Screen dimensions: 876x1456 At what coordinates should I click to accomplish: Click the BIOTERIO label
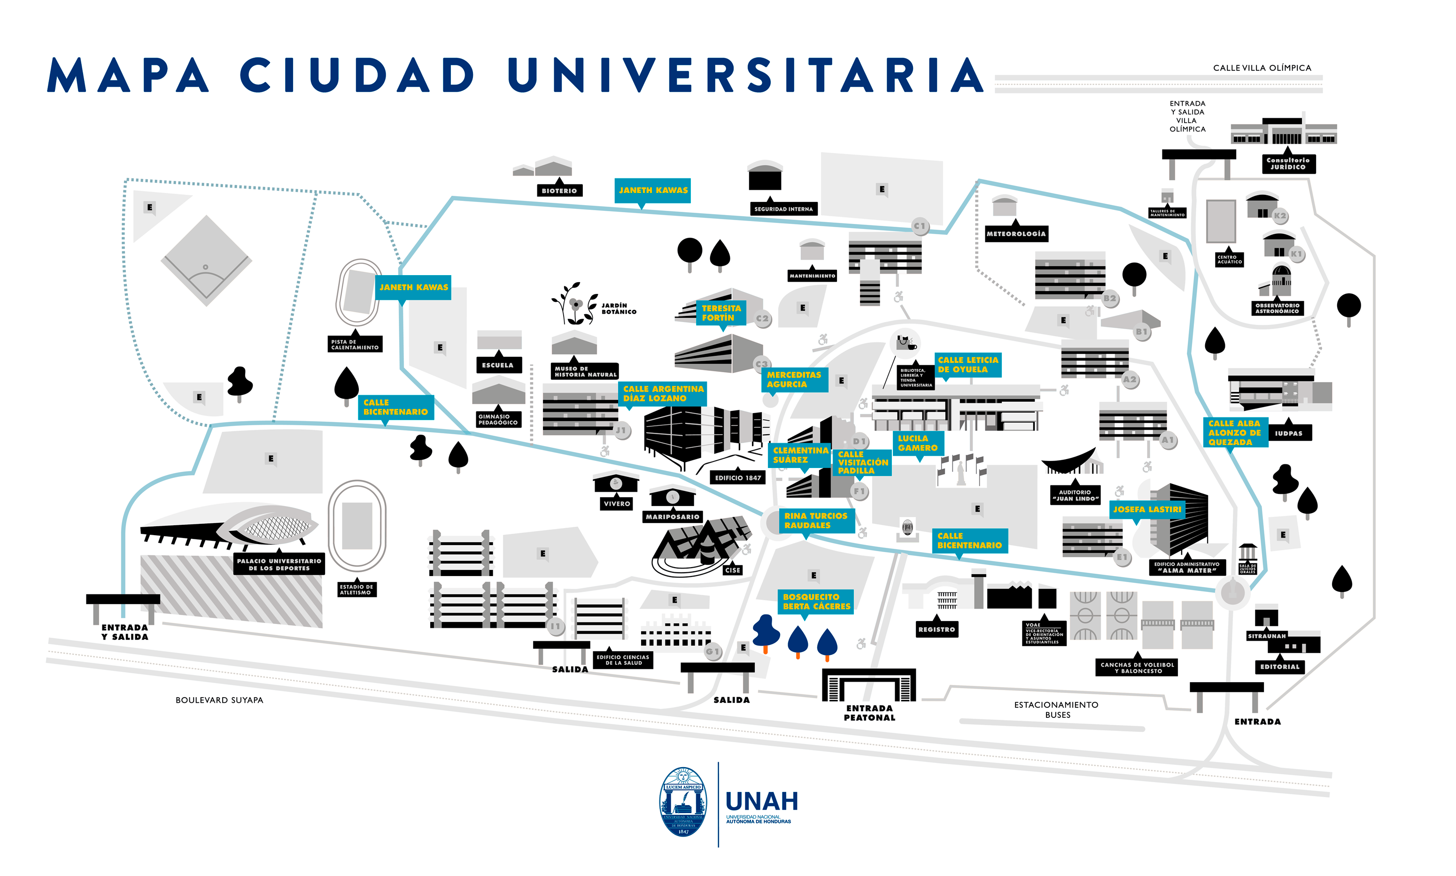pyautogui.click(x=558, y=191)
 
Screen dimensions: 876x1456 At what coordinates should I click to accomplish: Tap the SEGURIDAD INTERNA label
pyautogui.click(x=783, y=209)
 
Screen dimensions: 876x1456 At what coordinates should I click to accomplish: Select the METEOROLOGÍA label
pyautogui.click(x=1015, y=234)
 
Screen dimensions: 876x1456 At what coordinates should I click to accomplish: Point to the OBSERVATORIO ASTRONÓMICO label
pyautogui.click(x=1277, y=308)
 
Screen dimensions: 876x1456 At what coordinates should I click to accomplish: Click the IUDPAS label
pyautogui.click(x=1288, y=433)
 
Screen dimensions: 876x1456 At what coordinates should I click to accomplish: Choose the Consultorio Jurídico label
pyautogui.click(x=1288, y=163)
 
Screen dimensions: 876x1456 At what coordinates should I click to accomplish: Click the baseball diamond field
pyautogui.click(x=207, y=261)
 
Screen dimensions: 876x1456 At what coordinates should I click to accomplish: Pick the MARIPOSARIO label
pyautogui.click(x=672, y=516)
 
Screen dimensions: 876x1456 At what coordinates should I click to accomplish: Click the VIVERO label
pyautogui.click(x=616, y=504)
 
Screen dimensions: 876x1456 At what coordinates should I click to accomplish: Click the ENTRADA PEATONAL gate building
pyautogui.click(x=868, y=685)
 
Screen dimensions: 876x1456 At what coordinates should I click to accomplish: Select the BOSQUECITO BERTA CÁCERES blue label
pyautogui.click(x=816, y=601)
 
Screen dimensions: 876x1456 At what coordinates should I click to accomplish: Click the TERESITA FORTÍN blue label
pyautogui.click(x=721, y=313)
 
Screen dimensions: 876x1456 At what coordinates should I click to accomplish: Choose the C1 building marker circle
pyautogui.click(x=919, y=226)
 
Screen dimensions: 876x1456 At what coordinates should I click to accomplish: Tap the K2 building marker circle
pyautogui.click(x=1279, y=216)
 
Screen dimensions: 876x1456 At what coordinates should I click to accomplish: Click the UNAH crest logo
pyautogui.click(x=682, y=802)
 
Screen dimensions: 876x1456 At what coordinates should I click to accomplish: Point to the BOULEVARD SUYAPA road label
pyautogui.click(x=219, y=700)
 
